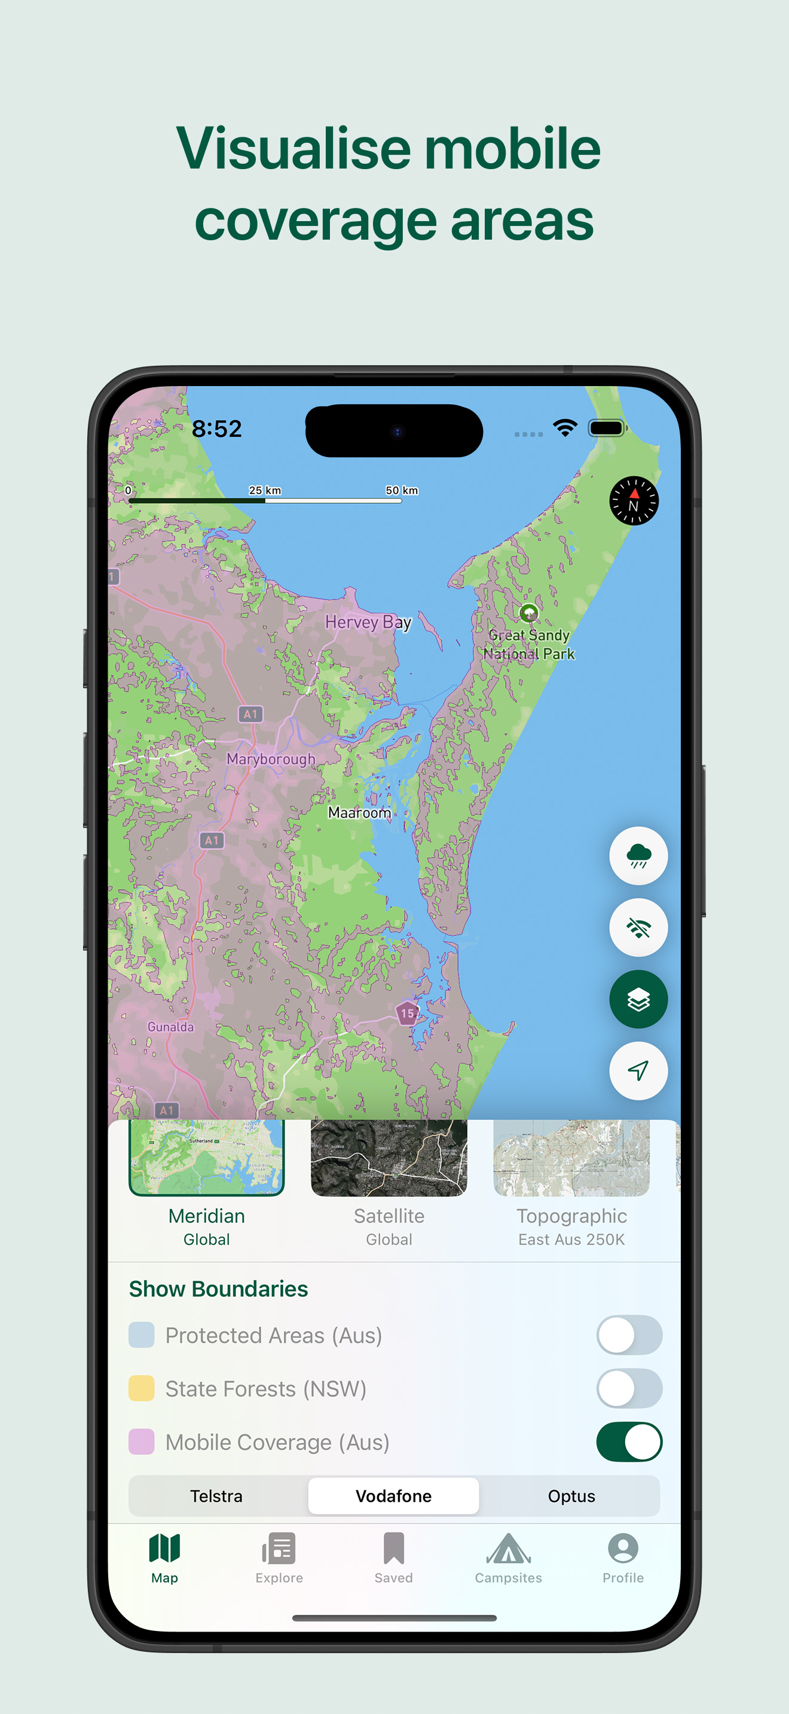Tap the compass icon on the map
pos(634,501)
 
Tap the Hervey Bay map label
pos(368,622)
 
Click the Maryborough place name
pos(271,759)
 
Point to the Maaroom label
pos(359,812)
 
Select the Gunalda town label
pos(171,1027)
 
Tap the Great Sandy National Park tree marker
pos(529,613)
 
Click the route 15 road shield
pos(406,1014)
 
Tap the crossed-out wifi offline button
pos(638,928)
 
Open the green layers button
pos(638,999)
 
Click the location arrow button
pos(638,1070)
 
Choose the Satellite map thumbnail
pos(389,1158)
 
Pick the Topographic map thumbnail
pos(571,1158)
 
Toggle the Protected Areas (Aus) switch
pos(629,1335)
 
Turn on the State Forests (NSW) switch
pos(629,1389)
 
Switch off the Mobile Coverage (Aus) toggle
pos(629,1442)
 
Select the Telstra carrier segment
pos(216,1496)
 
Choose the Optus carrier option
pos(571,1496)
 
